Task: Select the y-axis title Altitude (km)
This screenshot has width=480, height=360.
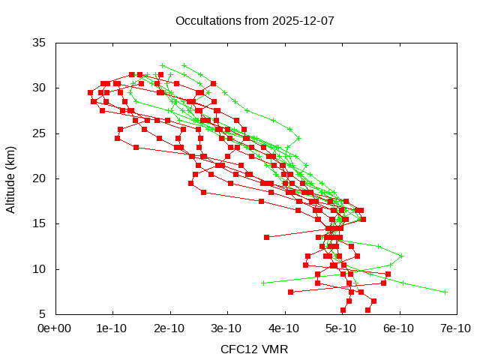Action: pos(11,178)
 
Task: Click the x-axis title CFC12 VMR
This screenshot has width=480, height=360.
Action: pos(254,349)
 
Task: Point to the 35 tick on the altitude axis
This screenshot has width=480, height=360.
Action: pos(40,43)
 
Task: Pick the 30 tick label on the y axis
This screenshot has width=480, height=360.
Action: pos(40,88)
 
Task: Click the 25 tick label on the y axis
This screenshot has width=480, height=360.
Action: pos(40,133)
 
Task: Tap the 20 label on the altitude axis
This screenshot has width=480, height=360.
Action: pos(40,178)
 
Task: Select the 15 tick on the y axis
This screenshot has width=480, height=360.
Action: pos(40,223)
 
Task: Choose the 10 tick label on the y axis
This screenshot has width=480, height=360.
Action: pos(40,268)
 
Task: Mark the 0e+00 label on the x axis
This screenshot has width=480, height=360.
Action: pos(55,328)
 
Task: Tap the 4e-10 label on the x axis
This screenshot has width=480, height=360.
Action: pos(285,328)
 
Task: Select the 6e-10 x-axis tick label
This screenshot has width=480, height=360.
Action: pos(400,328)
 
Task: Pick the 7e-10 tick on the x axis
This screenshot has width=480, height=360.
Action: pos(456,328)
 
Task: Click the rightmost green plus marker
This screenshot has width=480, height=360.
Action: pos(445,292)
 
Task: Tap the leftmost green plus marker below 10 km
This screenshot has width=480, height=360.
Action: pos(263,283)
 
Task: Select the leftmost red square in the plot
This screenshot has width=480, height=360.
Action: pos(90,92)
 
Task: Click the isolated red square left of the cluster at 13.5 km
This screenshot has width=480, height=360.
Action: pos(266,237)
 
